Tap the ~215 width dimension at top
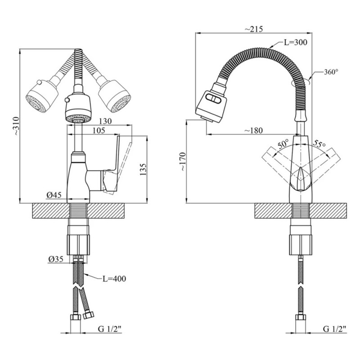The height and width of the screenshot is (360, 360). point(254,29)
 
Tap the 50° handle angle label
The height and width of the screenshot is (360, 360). point(283,144)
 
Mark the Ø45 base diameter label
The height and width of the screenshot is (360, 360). point(53,195)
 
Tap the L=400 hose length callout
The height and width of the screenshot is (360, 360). point(113,279)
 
